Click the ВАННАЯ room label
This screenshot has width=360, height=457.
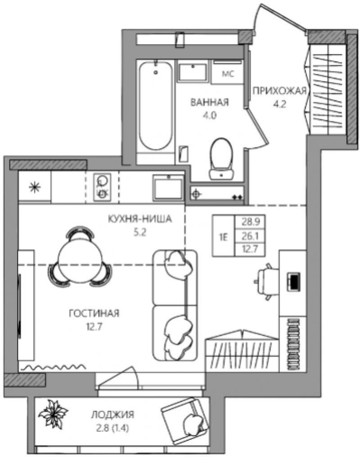tap(209, 102)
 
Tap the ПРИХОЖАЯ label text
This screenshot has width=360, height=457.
tap(279, 91)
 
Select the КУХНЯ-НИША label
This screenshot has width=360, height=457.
tap(140, 219)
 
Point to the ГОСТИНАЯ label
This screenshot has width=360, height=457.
tap(94, 313)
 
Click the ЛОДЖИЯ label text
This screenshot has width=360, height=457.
tap(112, 414)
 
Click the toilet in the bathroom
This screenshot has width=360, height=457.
tap(221, 158)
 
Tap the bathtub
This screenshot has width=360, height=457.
tap(155, 106)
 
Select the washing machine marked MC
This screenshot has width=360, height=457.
tap(228, 72)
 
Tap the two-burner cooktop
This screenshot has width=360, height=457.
tap(102, 187)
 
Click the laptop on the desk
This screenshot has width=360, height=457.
tap(293, 281)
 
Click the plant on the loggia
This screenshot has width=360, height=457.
tap(53, 414)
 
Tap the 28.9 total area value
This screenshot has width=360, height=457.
tap(250, 222)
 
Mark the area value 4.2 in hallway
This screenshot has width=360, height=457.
tap(279, 104)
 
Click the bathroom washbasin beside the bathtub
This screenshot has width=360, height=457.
tap(193, 72)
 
